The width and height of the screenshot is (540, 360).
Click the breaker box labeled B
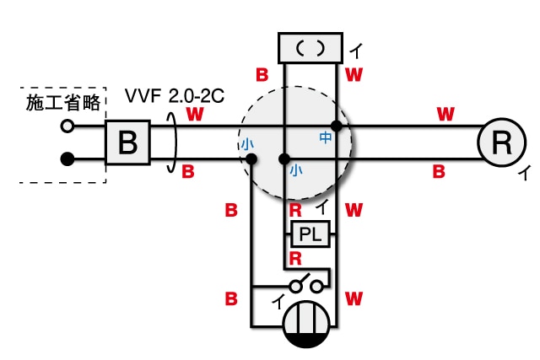127,142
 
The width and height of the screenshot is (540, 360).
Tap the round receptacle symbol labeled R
502,142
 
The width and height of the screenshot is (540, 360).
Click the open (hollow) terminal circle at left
67,126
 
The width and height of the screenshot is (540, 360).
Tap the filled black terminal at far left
67,159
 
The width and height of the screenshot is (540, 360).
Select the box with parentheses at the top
310,47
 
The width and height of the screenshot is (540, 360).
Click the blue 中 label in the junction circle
326,137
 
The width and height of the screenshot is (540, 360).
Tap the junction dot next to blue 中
337,126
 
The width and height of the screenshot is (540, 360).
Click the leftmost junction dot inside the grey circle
252,159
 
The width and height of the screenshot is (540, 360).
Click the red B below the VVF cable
188,172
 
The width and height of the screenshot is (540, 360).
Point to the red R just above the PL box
296,207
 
